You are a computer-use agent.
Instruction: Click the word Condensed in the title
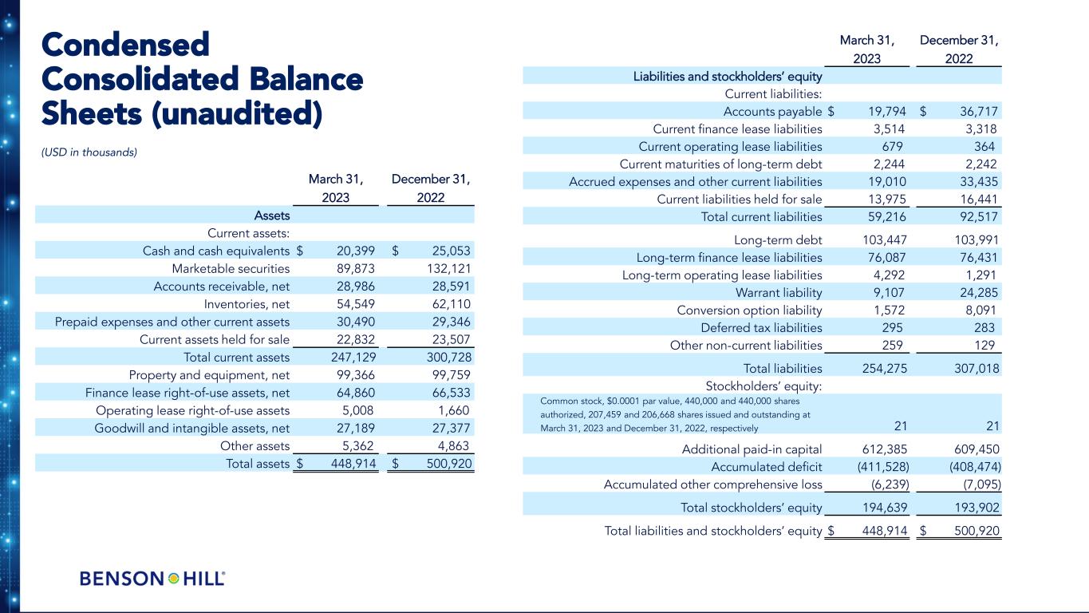point(125,45)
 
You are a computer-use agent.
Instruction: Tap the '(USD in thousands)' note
point(89,152)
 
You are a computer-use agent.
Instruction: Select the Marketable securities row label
point(231,267)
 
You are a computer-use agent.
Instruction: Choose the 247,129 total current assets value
point(353,357)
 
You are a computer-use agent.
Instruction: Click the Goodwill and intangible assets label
point(191,428)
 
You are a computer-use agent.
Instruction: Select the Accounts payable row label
point(772,111)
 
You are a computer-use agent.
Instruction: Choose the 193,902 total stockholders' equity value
point(974,508)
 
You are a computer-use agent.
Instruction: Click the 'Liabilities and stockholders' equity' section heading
point(728,76)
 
